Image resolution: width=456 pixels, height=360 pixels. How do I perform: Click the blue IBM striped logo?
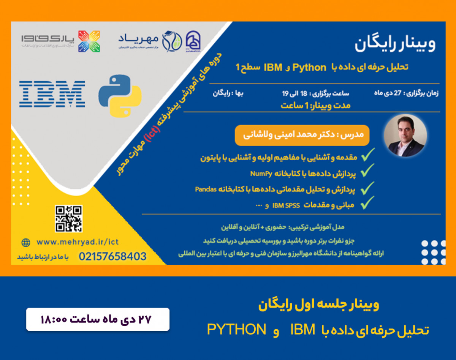52,93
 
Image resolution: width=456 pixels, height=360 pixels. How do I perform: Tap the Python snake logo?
120,95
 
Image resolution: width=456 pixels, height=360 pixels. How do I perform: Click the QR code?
68,219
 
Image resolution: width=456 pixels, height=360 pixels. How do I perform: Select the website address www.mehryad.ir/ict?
78,242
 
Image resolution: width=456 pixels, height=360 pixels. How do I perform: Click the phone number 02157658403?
112,257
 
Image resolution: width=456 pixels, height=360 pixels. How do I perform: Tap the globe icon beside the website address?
26,242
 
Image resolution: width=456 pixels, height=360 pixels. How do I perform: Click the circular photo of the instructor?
405,136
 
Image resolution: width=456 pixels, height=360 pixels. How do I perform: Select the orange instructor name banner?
302,135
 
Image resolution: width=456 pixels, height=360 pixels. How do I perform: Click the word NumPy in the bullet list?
261,174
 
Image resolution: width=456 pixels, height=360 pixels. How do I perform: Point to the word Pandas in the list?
206,189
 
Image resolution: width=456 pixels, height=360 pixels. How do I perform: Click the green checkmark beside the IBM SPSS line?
367,204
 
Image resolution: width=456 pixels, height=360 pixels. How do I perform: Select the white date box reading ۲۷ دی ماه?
98,319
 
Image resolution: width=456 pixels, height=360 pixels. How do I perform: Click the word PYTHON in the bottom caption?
236,330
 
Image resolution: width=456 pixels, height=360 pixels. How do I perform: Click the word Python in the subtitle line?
309,68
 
